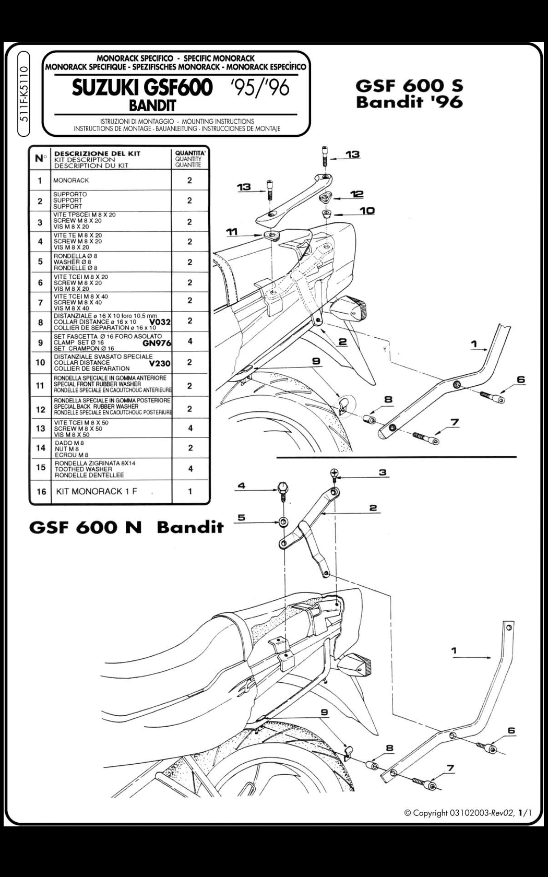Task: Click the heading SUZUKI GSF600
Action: [x=142, y=88]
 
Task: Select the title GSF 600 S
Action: [x=409, y=86]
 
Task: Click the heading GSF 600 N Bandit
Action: [x=126, y=527]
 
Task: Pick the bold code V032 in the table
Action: [x=160, y=322]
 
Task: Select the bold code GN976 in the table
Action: [x=156, y=343]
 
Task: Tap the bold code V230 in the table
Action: [x=160, y=363]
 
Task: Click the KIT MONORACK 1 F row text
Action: [x=97, y=491]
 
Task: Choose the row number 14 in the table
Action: [x=40, y=448]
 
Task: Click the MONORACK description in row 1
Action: [x=71, y=180]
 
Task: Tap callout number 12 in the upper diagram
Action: [x=357, y=194]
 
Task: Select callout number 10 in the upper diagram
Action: [x=367, y=210]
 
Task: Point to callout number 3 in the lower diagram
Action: [x=383, y=472]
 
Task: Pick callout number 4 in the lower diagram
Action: [x=241, y=486]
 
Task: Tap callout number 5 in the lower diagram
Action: [x=241, y=518]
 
